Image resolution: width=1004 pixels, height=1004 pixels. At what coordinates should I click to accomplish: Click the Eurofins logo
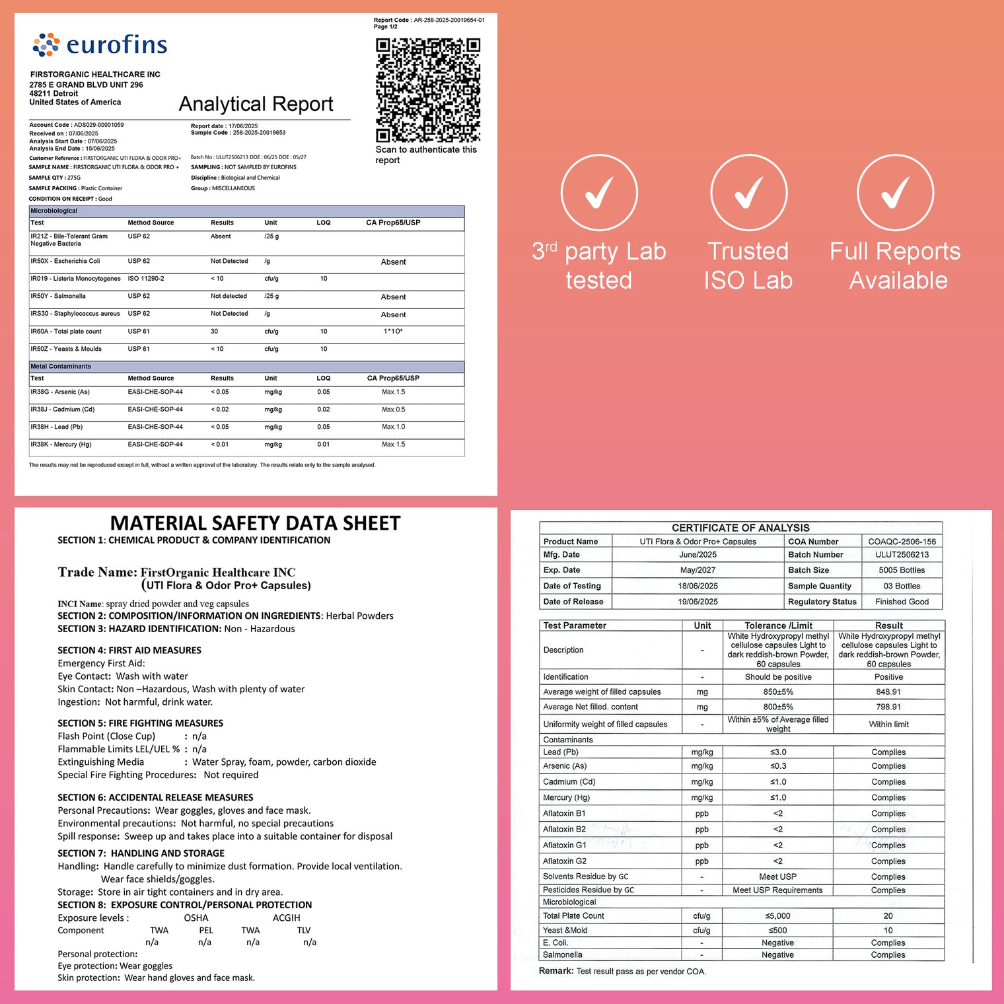click(x=100, y=45)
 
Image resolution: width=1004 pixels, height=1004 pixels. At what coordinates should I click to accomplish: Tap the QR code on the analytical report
click(x=428, y=90)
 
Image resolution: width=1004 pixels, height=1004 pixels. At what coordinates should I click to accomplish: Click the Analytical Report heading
click(x=256, y=104)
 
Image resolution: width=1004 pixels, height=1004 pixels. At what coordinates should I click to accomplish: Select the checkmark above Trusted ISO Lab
click(x=748, y=193)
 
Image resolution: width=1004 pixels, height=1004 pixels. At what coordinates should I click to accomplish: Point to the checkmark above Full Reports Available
click(x=895, y=193)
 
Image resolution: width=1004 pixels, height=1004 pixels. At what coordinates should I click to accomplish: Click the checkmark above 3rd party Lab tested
click(x=599, y=193)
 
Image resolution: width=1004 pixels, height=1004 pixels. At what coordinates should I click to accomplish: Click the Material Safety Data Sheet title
click(x=255, y=523)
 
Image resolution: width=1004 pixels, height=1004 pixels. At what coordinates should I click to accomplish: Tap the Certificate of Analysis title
click(x=740, y=528)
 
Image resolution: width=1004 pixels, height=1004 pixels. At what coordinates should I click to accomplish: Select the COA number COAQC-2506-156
click(x=902, y=542)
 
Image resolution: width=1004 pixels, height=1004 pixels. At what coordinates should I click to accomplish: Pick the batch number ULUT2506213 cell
click(x=902, y=555)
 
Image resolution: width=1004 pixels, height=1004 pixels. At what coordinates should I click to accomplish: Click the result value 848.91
click(x=888, y=692)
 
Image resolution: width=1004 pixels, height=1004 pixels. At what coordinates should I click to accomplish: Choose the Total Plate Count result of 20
click(x=888, y=916)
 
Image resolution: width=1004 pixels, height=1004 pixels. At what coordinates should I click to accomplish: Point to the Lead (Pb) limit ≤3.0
click(x=778, y=752)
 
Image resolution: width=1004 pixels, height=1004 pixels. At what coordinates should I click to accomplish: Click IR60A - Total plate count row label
click(x=66, y=332)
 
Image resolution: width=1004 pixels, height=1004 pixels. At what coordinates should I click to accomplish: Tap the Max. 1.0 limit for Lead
click(x=393, y=427)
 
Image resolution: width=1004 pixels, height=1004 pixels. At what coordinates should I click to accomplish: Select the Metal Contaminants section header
click(x=61, y=367)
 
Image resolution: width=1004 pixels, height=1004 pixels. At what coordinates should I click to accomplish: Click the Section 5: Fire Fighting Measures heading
click(x=140, y=723)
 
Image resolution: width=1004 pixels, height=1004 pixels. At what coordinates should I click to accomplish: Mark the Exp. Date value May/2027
click(x=698, y=570)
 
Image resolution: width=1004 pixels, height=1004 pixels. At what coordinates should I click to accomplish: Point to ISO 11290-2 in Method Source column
click(x=146, y=279)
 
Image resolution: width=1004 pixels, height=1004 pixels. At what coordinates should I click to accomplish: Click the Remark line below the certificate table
click(x=622, y=971)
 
